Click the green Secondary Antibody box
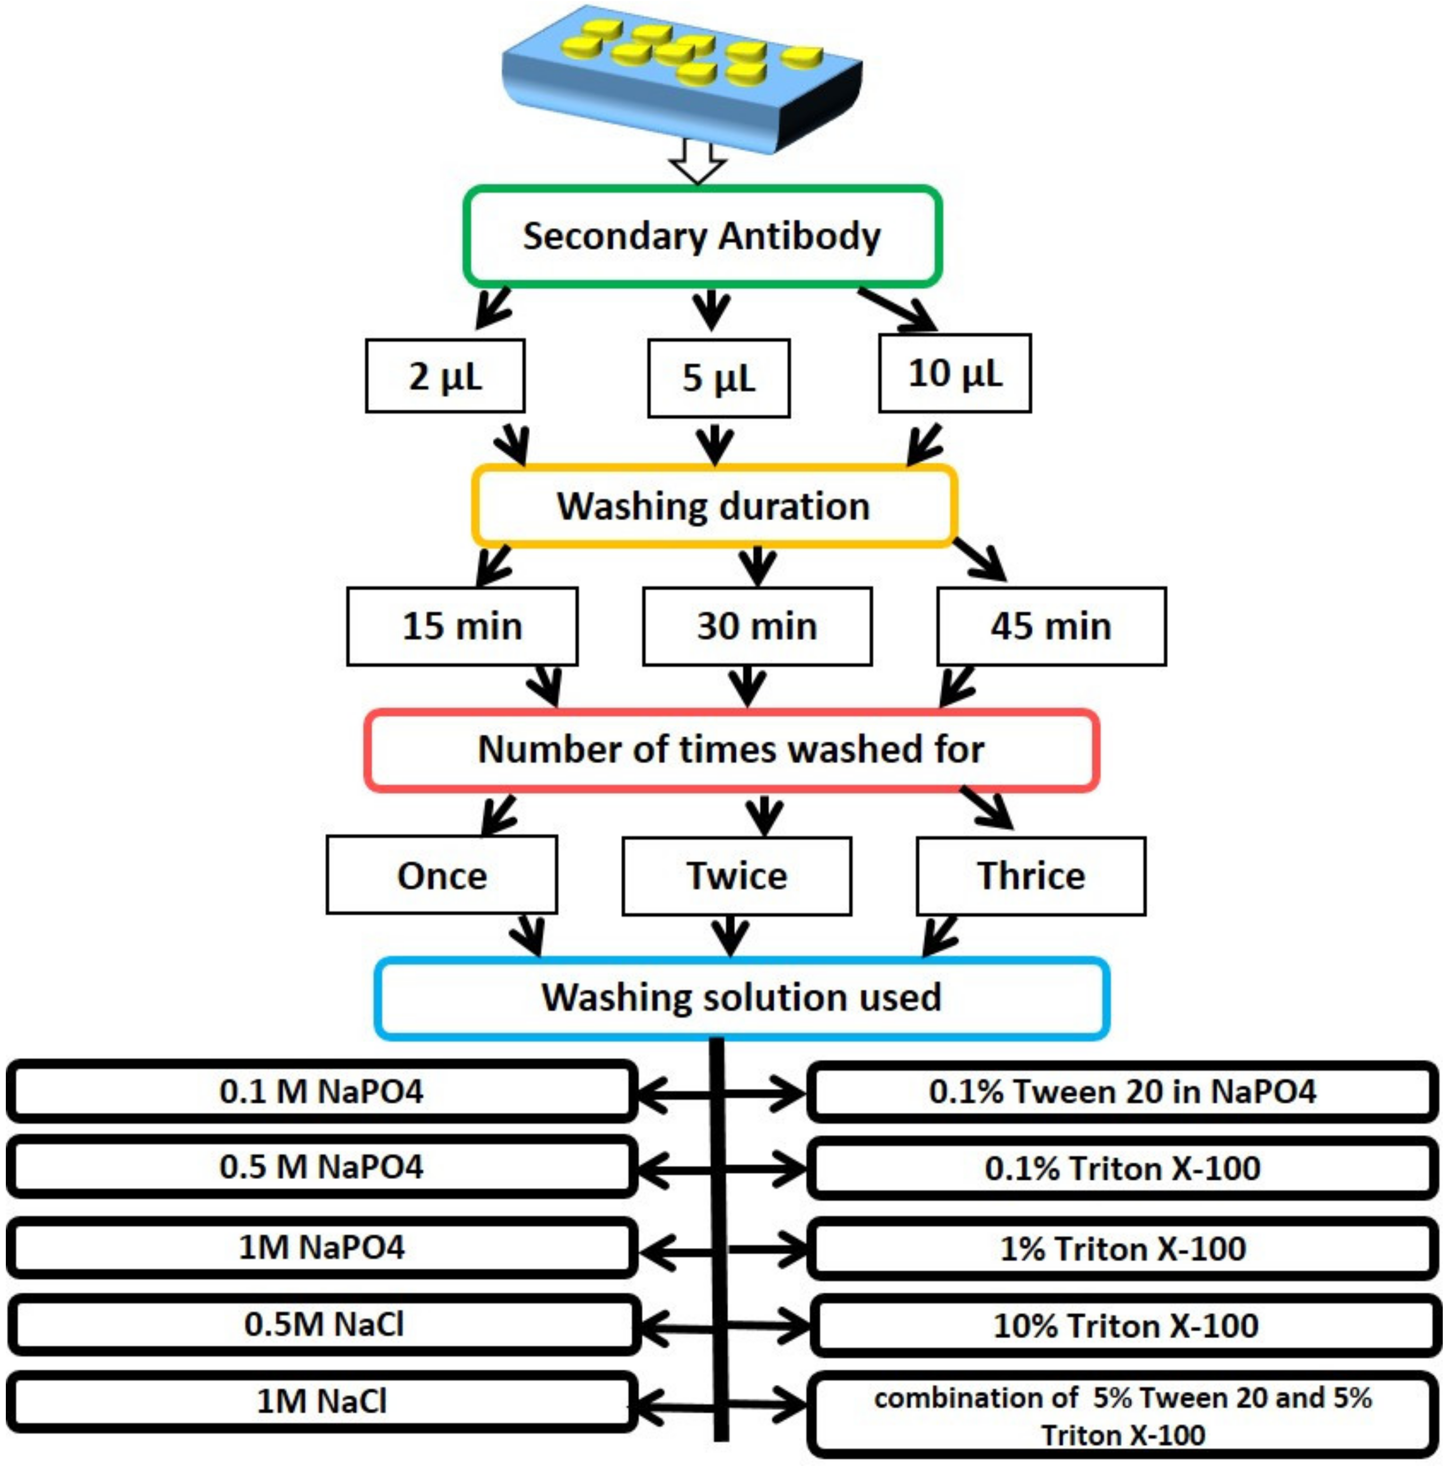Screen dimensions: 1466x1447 pos(702,237)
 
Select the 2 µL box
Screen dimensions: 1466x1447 pos(444,376)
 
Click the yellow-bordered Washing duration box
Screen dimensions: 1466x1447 pos(713,506)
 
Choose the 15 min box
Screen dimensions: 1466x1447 pos(461,626)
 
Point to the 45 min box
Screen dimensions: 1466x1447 pos(1051,626)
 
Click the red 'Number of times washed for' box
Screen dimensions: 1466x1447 pos(731,749)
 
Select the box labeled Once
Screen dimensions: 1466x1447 pos(442,875)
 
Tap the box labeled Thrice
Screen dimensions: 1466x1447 pos(1031,876)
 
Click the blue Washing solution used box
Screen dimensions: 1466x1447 pos(742,997)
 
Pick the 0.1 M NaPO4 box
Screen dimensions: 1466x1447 pos(321,1091)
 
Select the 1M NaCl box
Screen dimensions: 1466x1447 pos(321,1401)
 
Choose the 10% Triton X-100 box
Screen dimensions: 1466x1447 pos(1125,1325)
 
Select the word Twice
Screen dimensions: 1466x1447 pos(737,876)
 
